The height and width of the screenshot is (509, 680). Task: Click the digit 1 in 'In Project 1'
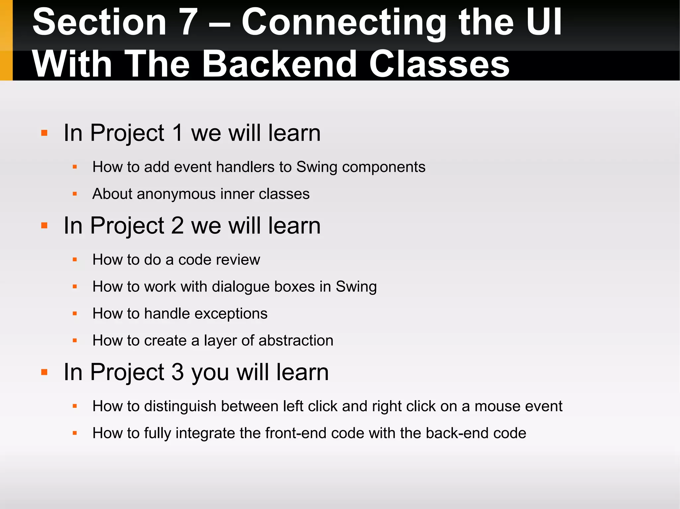[178, 133]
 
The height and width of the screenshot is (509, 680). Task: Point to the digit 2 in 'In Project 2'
[178, 226]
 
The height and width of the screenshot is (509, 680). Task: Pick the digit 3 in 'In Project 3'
[178, 372]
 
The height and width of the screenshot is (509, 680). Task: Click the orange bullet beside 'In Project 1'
[44, 133]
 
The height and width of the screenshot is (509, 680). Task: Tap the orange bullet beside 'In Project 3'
[44, 372]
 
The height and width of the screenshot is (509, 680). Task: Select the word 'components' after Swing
[383, 167]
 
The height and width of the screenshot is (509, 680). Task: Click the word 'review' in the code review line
[239, 260]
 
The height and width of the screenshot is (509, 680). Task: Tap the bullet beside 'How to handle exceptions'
[75, 314]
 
